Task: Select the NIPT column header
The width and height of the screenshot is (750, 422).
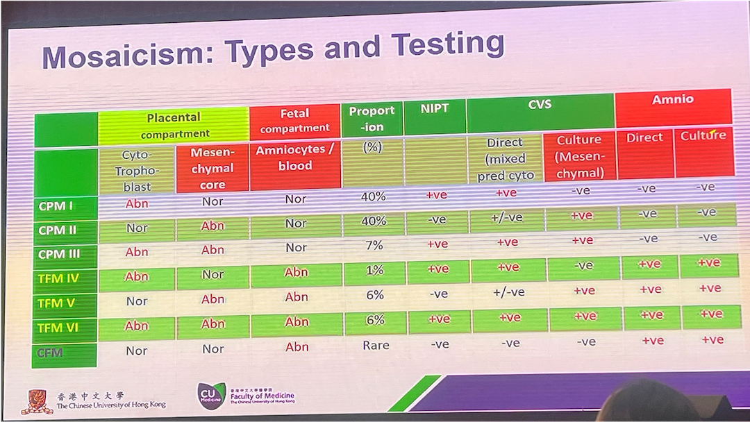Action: point(435,109)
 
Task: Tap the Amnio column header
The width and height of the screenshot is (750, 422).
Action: point(672,100)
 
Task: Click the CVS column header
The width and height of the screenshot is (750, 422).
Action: point(540,105)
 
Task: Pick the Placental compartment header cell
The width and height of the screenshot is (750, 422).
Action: point(174,125)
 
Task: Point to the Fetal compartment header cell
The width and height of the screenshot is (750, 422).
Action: point(294,121)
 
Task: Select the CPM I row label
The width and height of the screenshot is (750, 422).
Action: point(57,206)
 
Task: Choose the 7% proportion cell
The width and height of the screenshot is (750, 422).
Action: point(374,246)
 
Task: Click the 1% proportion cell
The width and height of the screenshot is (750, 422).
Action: point(374,271)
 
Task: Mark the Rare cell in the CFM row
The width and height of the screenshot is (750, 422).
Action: point(375,345)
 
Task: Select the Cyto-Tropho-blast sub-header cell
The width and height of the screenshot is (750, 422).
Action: point(136,171)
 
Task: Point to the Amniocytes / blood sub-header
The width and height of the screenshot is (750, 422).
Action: point(296,158)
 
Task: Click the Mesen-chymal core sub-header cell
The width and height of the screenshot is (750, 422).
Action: point(212,169)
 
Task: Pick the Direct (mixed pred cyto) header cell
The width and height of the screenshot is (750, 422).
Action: point(505,159)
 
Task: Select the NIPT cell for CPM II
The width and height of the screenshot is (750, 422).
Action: point(437,220)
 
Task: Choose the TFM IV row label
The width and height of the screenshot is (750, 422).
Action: point(59,278)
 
